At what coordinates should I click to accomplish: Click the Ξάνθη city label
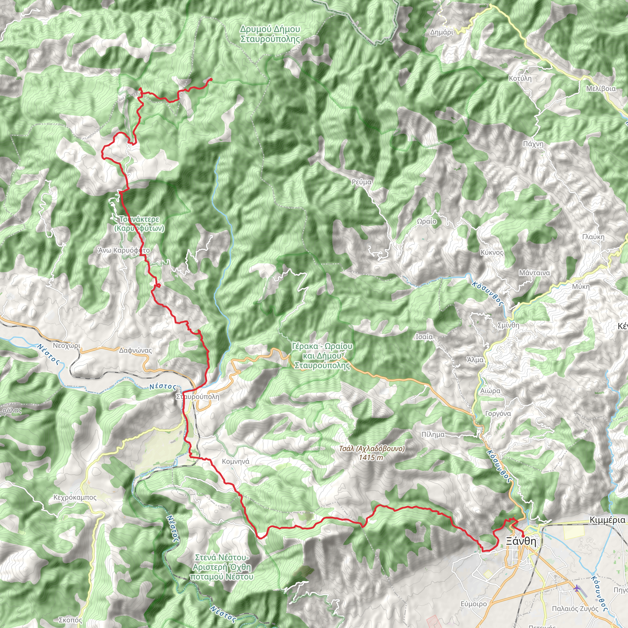[521, 541]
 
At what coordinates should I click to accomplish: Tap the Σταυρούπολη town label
[198, 397]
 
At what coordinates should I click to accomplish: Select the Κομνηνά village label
[236, 461]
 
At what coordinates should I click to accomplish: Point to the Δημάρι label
[442, 32]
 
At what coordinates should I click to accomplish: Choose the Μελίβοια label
[601, 89]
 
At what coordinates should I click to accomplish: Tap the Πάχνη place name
[533, 144]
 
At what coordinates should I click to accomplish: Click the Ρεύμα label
[362, 182]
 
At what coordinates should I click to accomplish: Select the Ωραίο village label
[427, 221]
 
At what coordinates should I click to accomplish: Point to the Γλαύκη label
[593, 237]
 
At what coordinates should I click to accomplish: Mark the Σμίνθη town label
[508, 325]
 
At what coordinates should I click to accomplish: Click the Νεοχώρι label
[66, 346]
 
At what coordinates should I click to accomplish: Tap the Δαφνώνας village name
[135, 350]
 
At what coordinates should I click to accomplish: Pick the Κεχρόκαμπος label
[75, 497]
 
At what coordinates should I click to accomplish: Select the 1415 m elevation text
[371, 458]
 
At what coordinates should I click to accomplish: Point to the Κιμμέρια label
[607, 520]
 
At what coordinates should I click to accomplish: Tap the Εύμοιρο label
[473, 604]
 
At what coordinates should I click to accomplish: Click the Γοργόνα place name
[498, 413]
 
